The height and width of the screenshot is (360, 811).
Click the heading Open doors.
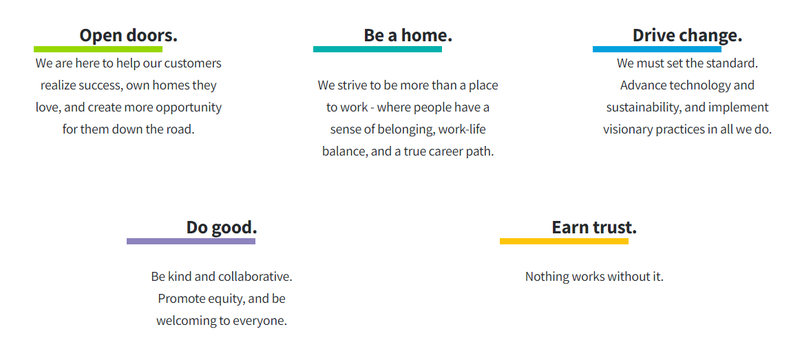(128, 36)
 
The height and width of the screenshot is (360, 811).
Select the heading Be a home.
(408, 36)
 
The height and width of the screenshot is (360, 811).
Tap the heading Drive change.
(687, 36)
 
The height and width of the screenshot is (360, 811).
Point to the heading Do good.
(222, 227)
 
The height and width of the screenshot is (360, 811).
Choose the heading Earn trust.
(593, 227)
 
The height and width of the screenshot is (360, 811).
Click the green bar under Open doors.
(98, 49)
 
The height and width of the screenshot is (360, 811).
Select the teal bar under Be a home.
(377, 49)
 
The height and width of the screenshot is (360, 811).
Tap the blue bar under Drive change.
(657, 49)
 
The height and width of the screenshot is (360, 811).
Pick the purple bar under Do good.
(191, 241)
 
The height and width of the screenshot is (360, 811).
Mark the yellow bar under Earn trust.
(564, 241)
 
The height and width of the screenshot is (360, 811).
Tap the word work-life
(462, 129)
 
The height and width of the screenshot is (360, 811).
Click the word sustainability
(640, 107)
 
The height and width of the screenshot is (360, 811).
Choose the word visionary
(628, 130)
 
